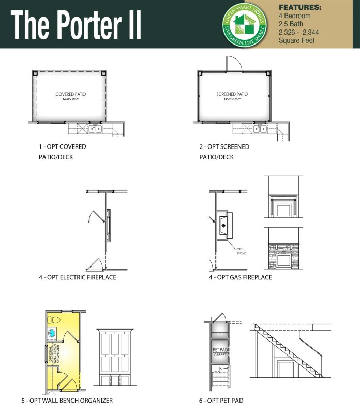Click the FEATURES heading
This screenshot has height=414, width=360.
click(x=300, y=8)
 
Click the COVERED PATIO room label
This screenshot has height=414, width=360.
click(x=70, y=95)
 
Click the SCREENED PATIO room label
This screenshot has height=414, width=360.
click(x=232, y=95)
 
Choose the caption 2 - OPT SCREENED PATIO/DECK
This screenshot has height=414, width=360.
click(x=224, y=152)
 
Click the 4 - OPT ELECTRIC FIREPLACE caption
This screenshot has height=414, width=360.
click(x=77, y=277)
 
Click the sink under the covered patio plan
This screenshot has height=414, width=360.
click(x=95, y=129)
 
